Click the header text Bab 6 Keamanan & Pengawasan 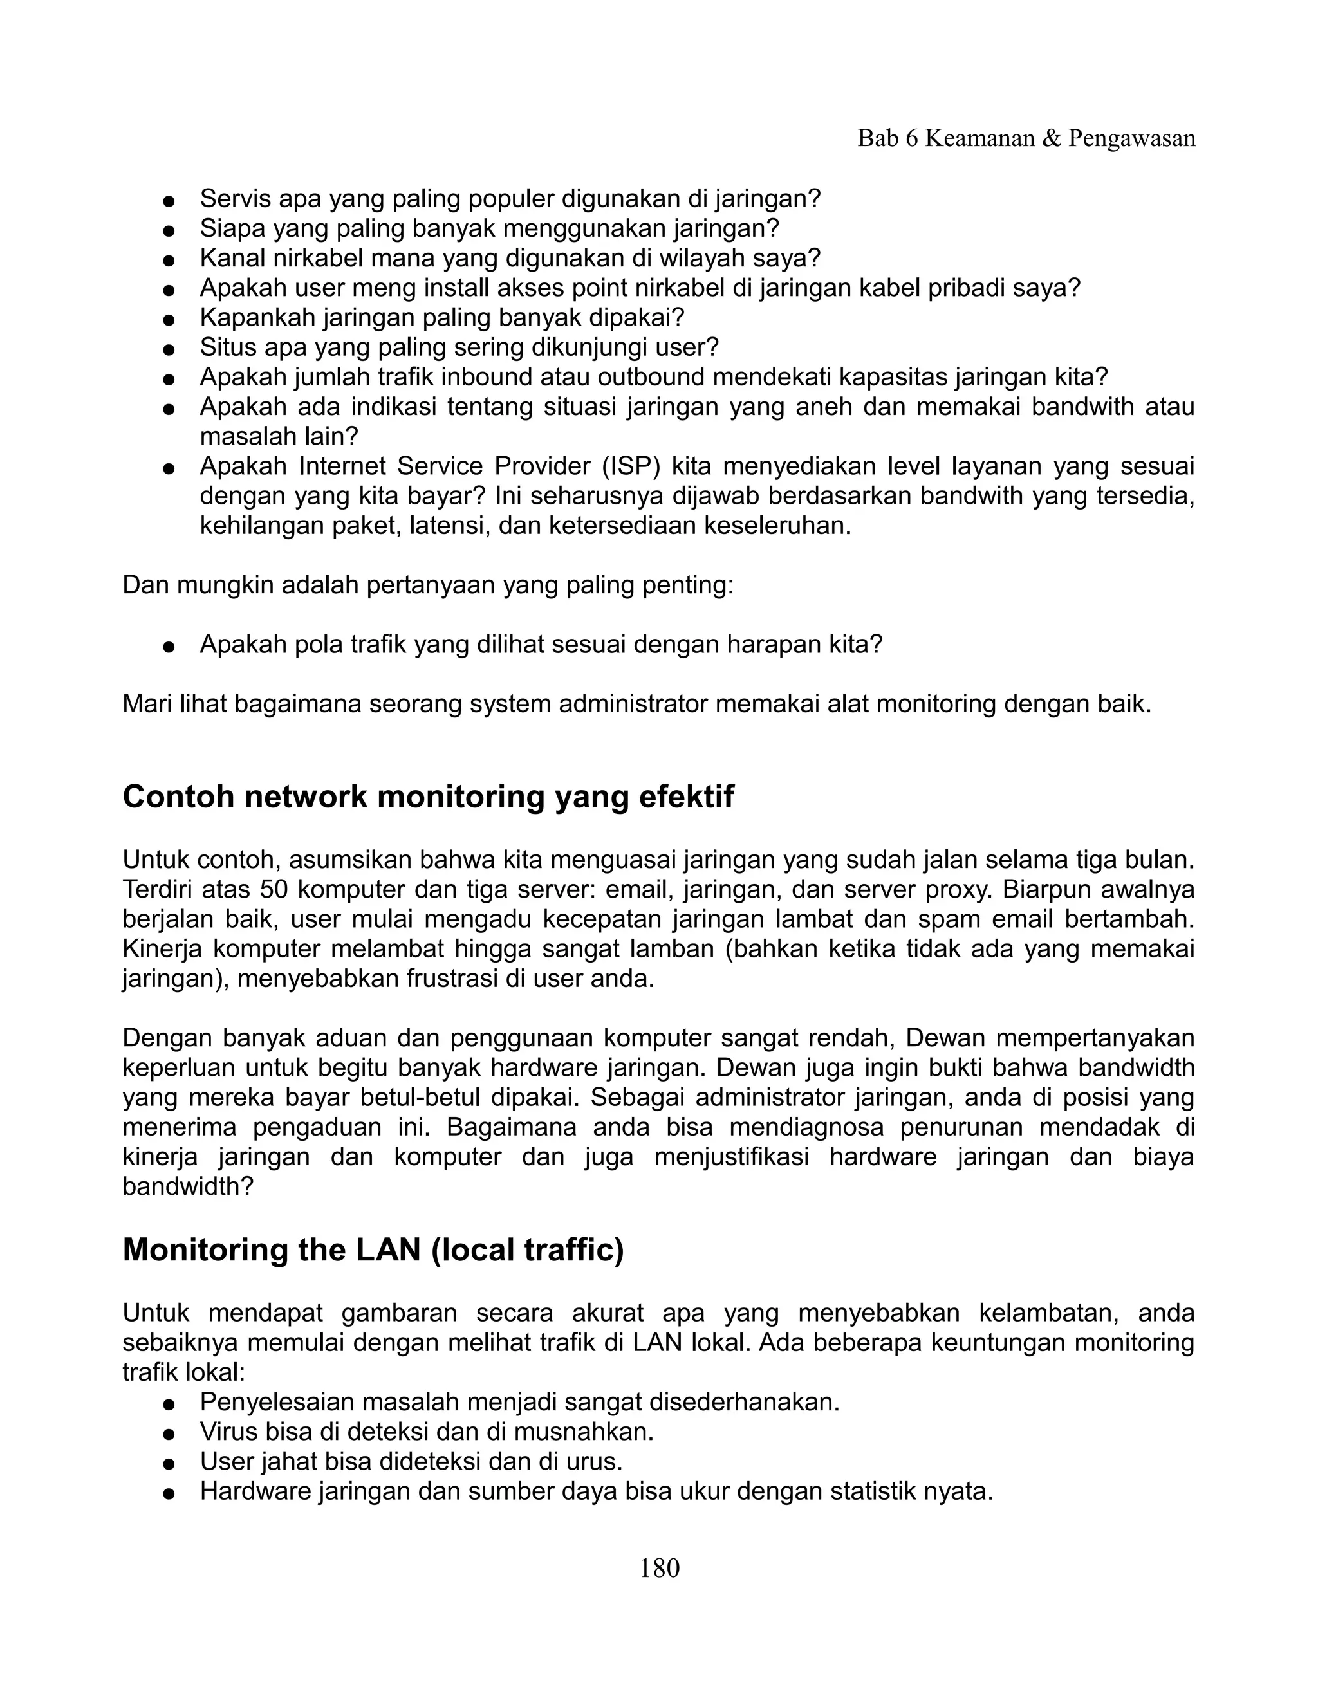[1026, 138]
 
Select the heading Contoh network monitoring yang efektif [428, 797]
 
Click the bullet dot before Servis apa [167, 201]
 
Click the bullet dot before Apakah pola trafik [167, 647]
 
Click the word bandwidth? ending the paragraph [188, 1186]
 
